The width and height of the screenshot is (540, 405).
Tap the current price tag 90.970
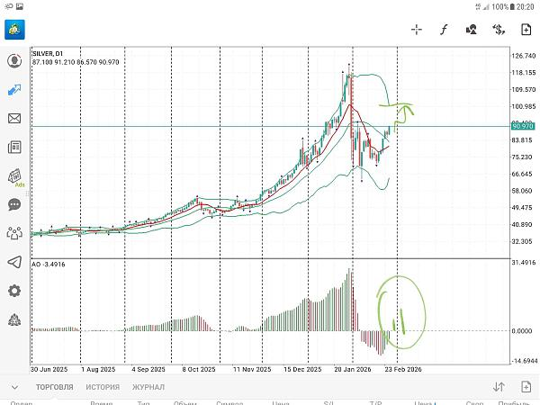click(523, 126)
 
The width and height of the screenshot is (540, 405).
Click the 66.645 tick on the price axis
click(522, 174)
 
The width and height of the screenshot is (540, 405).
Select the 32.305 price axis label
click(522, 241)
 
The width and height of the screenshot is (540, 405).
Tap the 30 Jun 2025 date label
click(50, 369)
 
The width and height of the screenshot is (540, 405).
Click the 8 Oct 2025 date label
click(198, 369)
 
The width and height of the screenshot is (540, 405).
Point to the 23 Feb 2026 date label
click(402, 369)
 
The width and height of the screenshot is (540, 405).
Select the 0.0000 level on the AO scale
click(522, 330)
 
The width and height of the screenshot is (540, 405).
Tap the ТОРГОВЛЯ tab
click(55, 387)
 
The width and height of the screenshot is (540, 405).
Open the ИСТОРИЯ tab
click(103, 387)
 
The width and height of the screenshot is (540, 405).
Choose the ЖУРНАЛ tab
click(148, 387)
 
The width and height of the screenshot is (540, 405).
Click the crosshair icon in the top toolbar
click(417, 29)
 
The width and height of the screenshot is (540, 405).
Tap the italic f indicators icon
click(444, 29)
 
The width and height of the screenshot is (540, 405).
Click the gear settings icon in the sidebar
click(14, 291)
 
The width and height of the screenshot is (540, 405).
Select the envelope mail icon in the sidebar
click(14, 118)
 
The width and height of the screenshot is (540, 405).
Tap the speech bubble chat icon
click(14, 204)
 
